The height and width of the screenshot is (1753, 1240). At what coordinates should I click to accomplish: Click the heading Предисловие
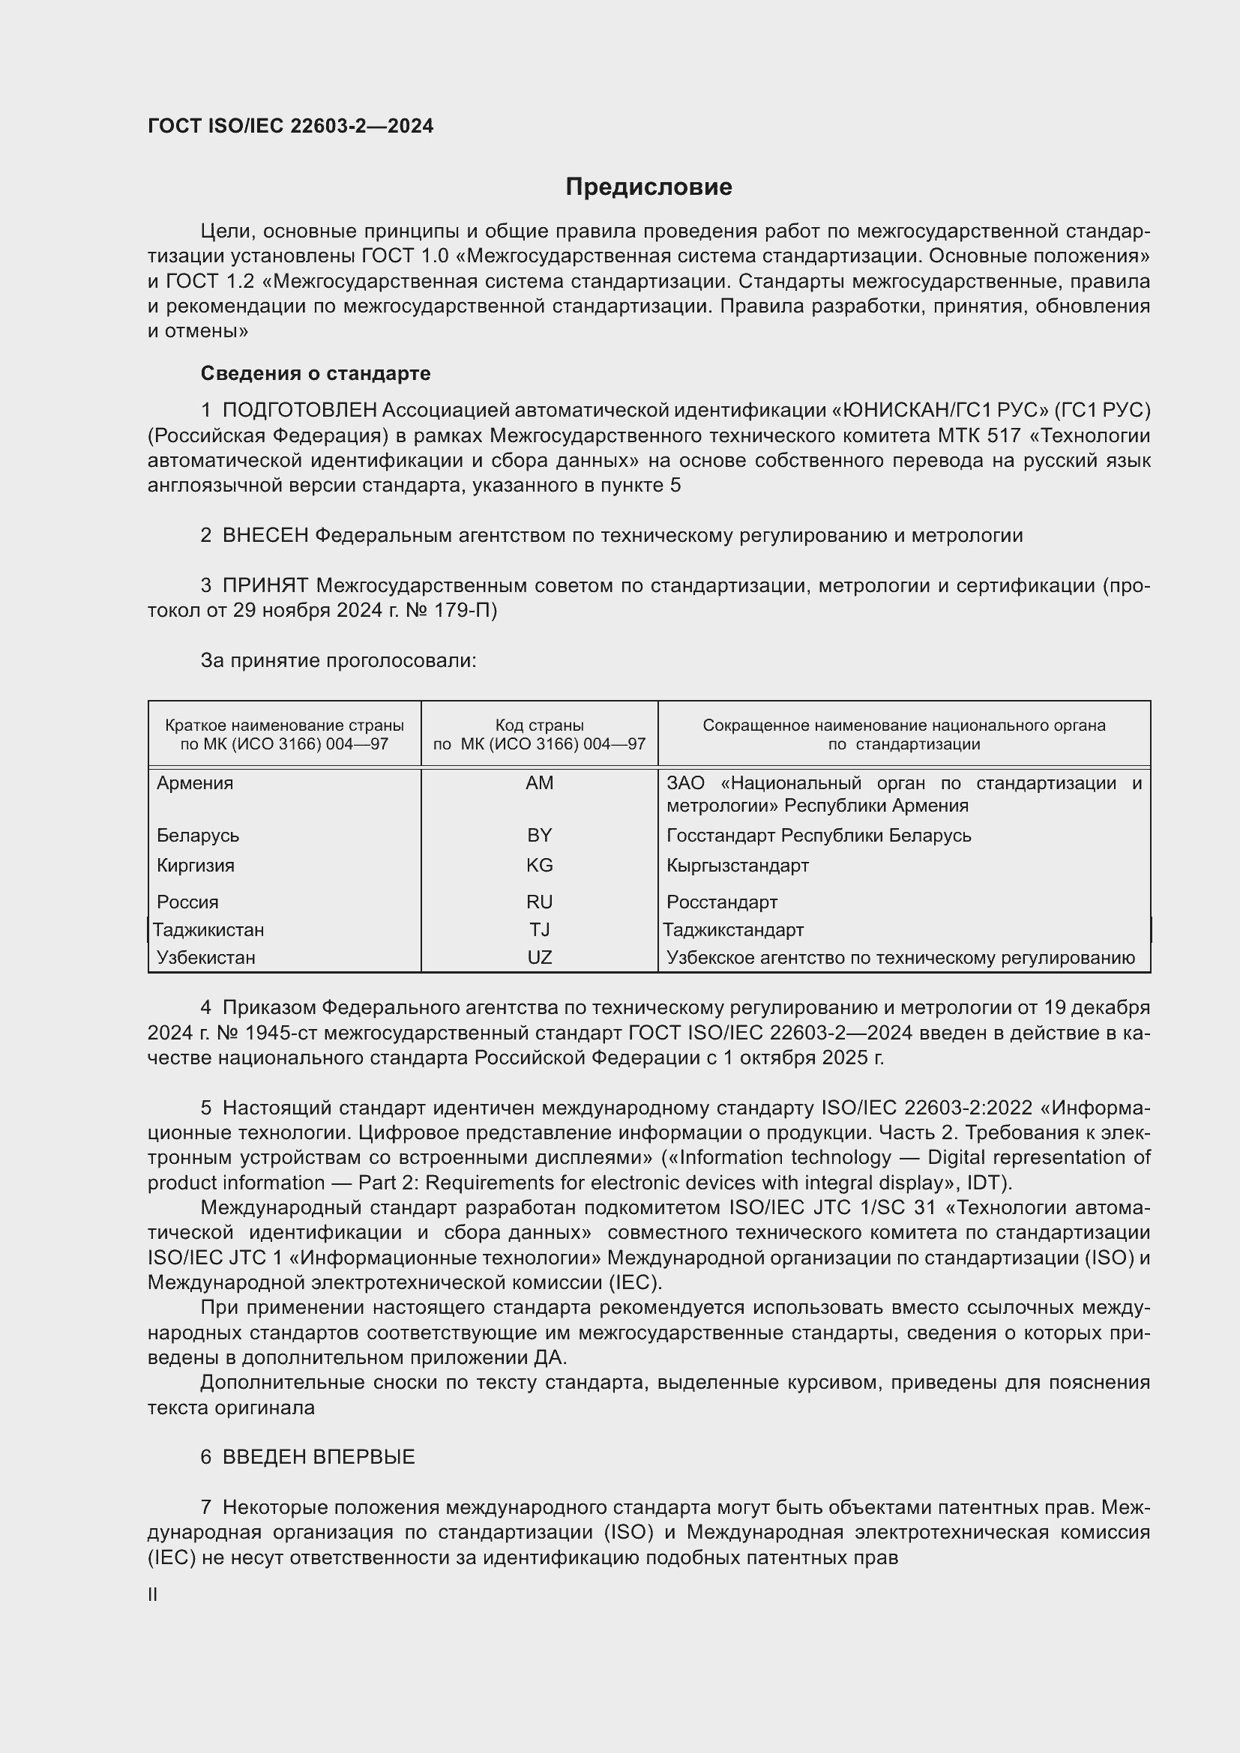coord(648,187)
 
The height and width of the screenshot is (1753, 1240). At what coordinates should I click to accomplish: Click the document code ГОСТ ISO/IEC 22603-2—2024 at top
coord(290,126)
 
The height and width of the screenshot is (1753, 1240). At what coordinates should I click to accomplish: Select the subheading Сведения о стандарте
coord(316,373)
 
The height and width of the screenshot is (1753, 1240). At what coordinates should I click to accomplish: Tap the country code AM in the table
coord(539,783)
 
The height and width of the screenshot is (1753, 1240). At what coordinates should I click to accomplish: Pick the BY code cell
coord(539,835)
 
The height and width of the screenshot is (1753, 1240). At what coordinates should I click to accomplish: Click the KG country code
coord(539,865)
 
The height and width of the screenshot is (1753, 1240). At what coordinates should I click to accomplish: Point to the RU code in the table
coord(539,902)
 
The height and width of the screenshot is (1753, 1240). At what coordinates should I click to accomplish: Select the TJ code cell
coord(539,930)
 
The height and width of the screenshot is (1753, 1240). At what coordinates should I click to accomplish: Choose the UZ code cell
coord(539,957)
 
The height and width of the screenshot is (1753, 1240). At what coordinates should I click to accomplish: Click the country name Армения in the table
coord(195,783)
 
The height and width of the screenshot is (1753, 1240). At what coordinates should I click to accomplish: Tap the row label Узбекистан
coord(206,957)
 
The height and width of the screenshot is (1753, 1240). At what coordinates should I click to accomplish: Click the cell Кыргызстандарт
coord(737,865)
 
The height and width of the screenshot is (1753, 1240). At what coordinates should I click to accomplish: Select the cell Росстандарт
coord(721,902)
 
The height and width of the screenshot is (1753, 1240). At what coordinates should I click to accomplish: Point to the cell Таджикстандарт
coord(733,930)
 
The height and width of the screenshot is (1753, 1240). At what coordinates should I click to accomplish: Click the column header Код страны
coord(539,725)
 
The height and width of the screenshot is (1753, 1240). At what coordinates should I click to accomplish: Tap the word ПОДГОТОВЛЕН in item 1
coord(299,411)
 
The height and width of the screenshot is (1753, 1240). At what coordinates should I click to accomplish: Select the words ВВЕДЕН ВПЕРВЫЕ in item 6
coord(319,1457)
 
